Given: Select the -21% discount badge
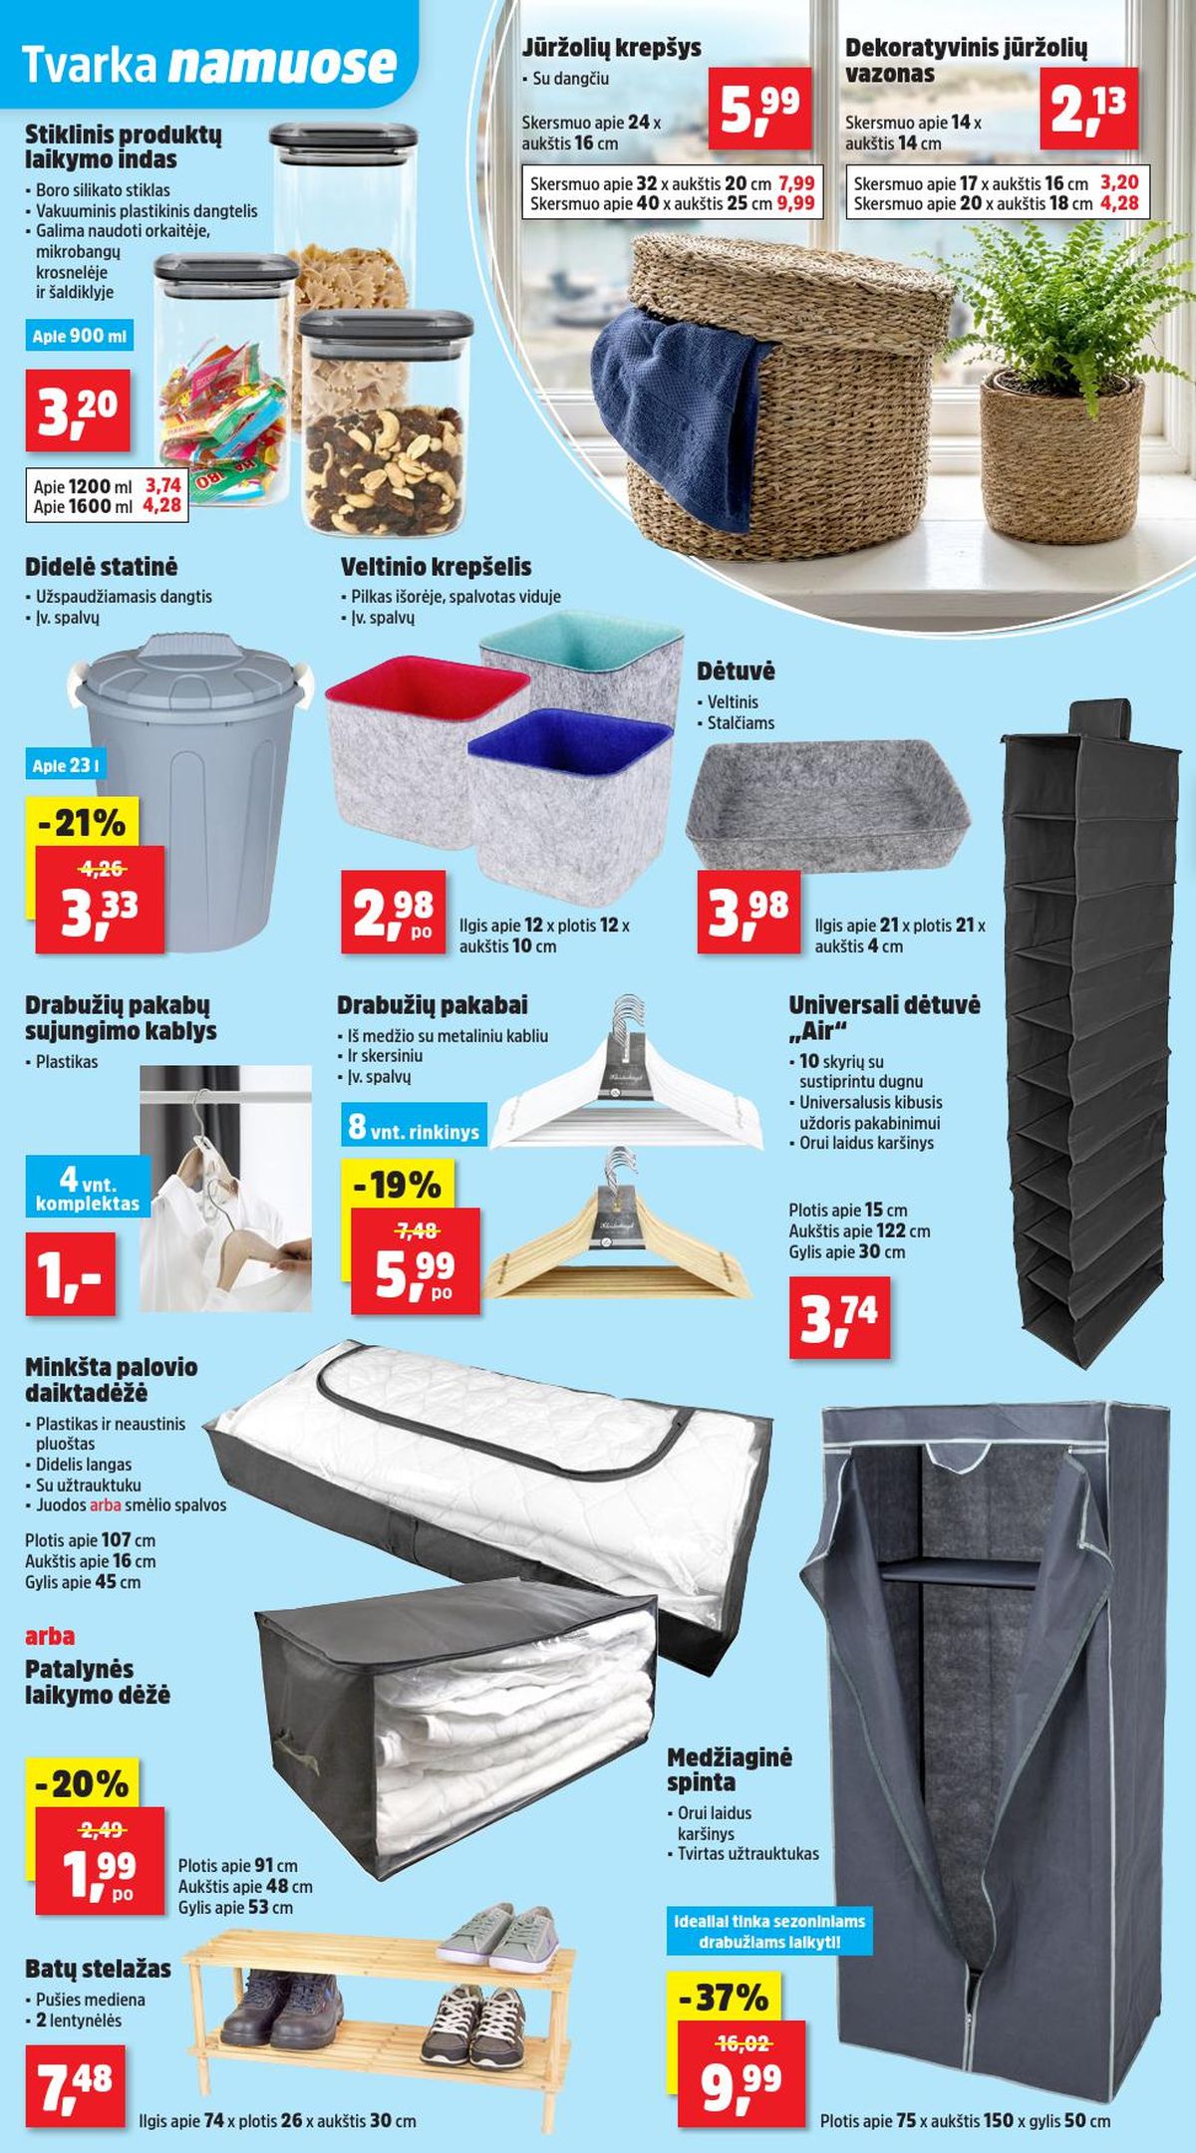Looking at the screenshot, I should point(82,823).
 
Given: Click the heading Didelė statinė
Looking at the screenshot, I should point(101,567).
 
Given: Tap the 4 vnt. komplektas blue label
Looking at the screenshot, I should point(88,1187).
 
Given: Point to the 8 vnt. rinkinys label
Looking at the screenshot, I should point(414,1126).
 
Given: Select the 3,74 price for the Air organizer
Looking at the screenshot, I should point(838,1317).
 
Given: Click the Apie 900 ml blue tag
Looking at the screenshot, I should point(80,336).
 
